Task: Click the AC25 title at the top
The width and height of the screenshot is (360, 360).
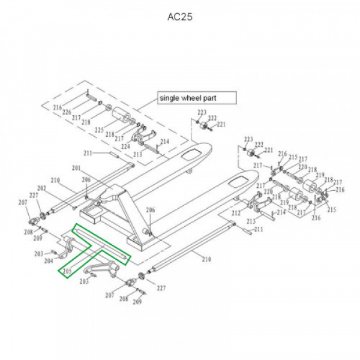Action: pyautogui.click(x=179, y=17)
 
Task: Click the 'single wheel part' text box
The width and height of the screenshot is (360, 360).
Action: pyautogui.click(x=196, y=98)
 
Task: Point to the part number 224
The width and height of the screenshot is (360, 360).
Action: pyautogui.click(x=126, y=146)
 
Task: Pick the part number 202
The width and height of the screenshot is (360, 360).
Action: pyautogui.click(x=42, y=188)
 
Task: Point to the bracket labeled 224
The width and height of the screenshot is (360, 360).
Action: pyautogui.click(x=139, y=134)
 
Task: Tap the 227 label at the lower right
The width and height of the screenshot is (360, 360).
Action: pyautogui.click(x=160, y=288)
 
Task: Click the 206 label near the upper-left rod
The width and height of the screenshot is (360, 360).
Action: pyautogui.click(x=86, y=180)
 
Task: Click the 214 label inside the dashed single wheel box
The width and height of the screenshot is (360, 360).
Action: pyautogui.click(x=165, y=142)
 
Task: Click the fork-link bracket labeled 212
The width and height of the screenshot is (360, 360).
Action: pyautogui.click(x=255, y=208)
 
